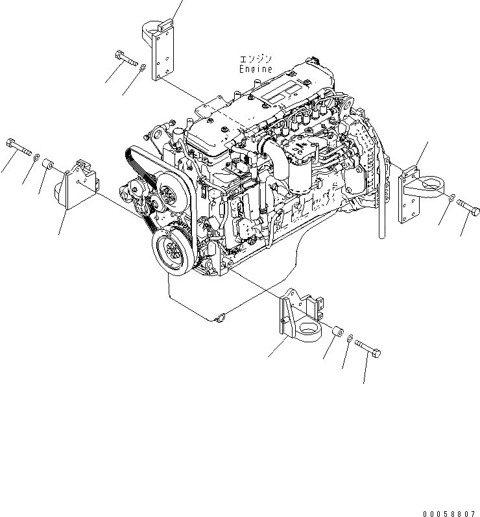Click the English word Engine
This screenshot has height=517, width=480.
tap(256, 69)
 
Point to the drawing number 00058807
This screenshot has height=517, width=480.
tap(447, 511)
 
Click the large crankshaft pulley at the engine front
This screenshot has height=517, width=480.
tap(170, 249)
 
